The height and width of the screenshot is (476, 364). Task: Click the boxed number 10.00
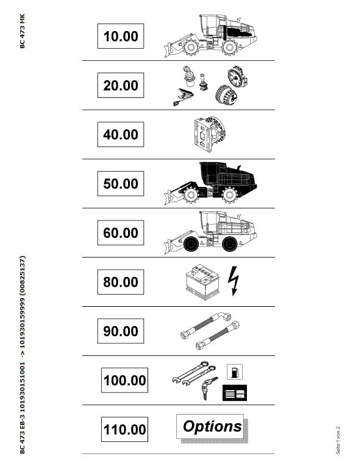(121, 36)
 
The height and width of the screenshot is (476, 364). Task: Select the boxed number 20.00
(121, 85)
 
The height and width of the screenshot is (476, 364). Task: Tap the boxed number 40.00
(121, 135)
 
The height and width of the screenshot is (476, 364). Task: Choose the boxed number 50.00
(121, 184)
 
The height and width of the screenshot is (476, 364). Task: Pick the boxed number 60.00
(121, 233)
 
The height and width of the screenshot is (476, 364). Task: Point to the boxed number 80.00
(121, 282)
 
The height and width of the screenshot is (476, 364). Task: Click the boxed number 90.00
(121, 331)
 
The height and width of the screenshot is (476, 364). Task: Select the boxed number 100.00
(124, 380)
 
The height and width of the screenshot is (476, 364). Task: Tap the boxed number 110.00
(124, 430)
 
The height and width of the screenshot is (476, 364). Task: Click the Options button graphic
(212, 427)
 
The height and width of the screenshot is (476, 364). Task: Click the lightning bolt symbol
(234, 281)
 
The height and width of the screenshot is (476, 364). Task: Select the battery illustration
(202, 282)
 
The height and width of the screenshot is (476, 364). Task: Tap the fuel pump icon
(235, 372)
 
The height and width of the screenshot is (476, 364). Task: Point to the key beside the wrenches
(209, 388)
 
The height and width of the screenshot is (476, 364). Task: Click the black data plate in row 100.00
(235, 393)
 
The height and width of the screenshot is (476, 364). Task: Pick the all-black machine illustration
(211, 183)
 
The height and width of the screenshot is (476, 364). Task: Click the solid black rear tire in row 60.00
(230, 243)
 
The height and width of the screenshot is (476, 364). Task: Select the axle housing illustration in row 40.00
(210, 135)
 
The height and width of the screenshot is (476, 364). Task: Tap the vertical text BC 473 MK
(22, 31)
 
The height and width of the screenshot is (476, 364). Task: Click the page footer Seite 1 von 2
(338, 440)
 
